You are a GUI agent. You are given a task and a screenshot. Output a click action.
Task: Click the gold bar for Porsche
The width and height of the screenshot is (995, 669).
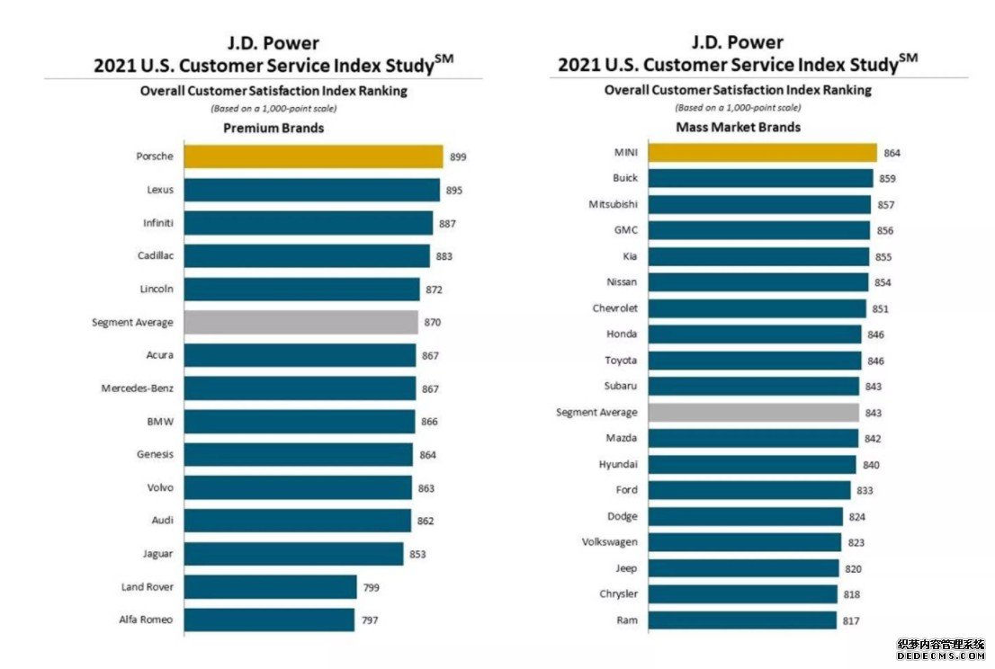click(313, 157)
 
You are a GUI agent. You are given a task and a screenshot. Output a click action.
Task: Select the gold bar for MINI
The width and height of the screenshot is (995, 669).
click(762, 153)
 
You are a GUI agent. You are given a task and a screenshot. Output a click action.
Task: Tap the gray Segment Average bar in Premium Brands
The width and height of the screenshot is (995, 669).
click(301, 322)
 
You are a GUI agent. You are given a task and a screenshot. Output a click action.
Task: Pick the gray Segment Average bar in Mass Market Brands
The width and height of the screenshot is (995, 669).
click(752, 413)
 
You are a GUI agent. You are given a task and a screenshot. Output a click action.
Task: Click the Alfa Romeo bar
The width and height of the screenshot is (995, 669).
click(270, 620)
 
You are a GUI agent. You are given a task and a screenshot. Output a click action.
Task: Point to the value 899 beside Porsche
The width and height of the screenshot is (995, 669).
click(457, 157)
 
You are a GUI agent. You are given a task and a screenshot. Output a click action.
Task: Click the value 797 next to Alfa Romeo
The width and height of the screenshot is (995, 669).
click(369, 620)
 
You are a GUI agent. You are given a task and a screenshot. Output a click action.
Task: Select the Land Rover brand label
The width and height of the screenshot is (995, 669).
click(148, 587)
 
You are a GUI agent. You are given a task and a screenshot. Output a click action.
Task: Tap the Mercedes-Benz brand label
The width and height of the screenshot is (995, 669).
click(139, 388)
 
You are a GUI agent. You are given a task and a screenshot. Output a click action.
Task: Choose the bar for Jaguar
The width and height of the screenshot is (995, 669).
click(294, 554)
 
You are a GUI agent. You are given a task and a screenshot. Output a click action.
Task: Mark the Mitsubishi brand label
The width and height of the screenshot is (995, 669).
click(613, 204)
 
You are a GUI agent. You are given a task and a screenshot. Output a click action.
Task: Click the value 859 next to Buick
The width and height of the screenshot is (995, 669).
click(887, 179)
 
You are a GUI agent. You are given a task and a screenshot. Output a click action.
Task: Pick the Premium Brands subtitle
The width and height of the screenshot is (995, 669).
click(273, 128)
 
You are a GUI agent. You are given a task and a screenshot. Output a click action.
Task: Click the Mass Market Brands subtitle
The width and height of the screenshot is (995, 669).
click(738, 127)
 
